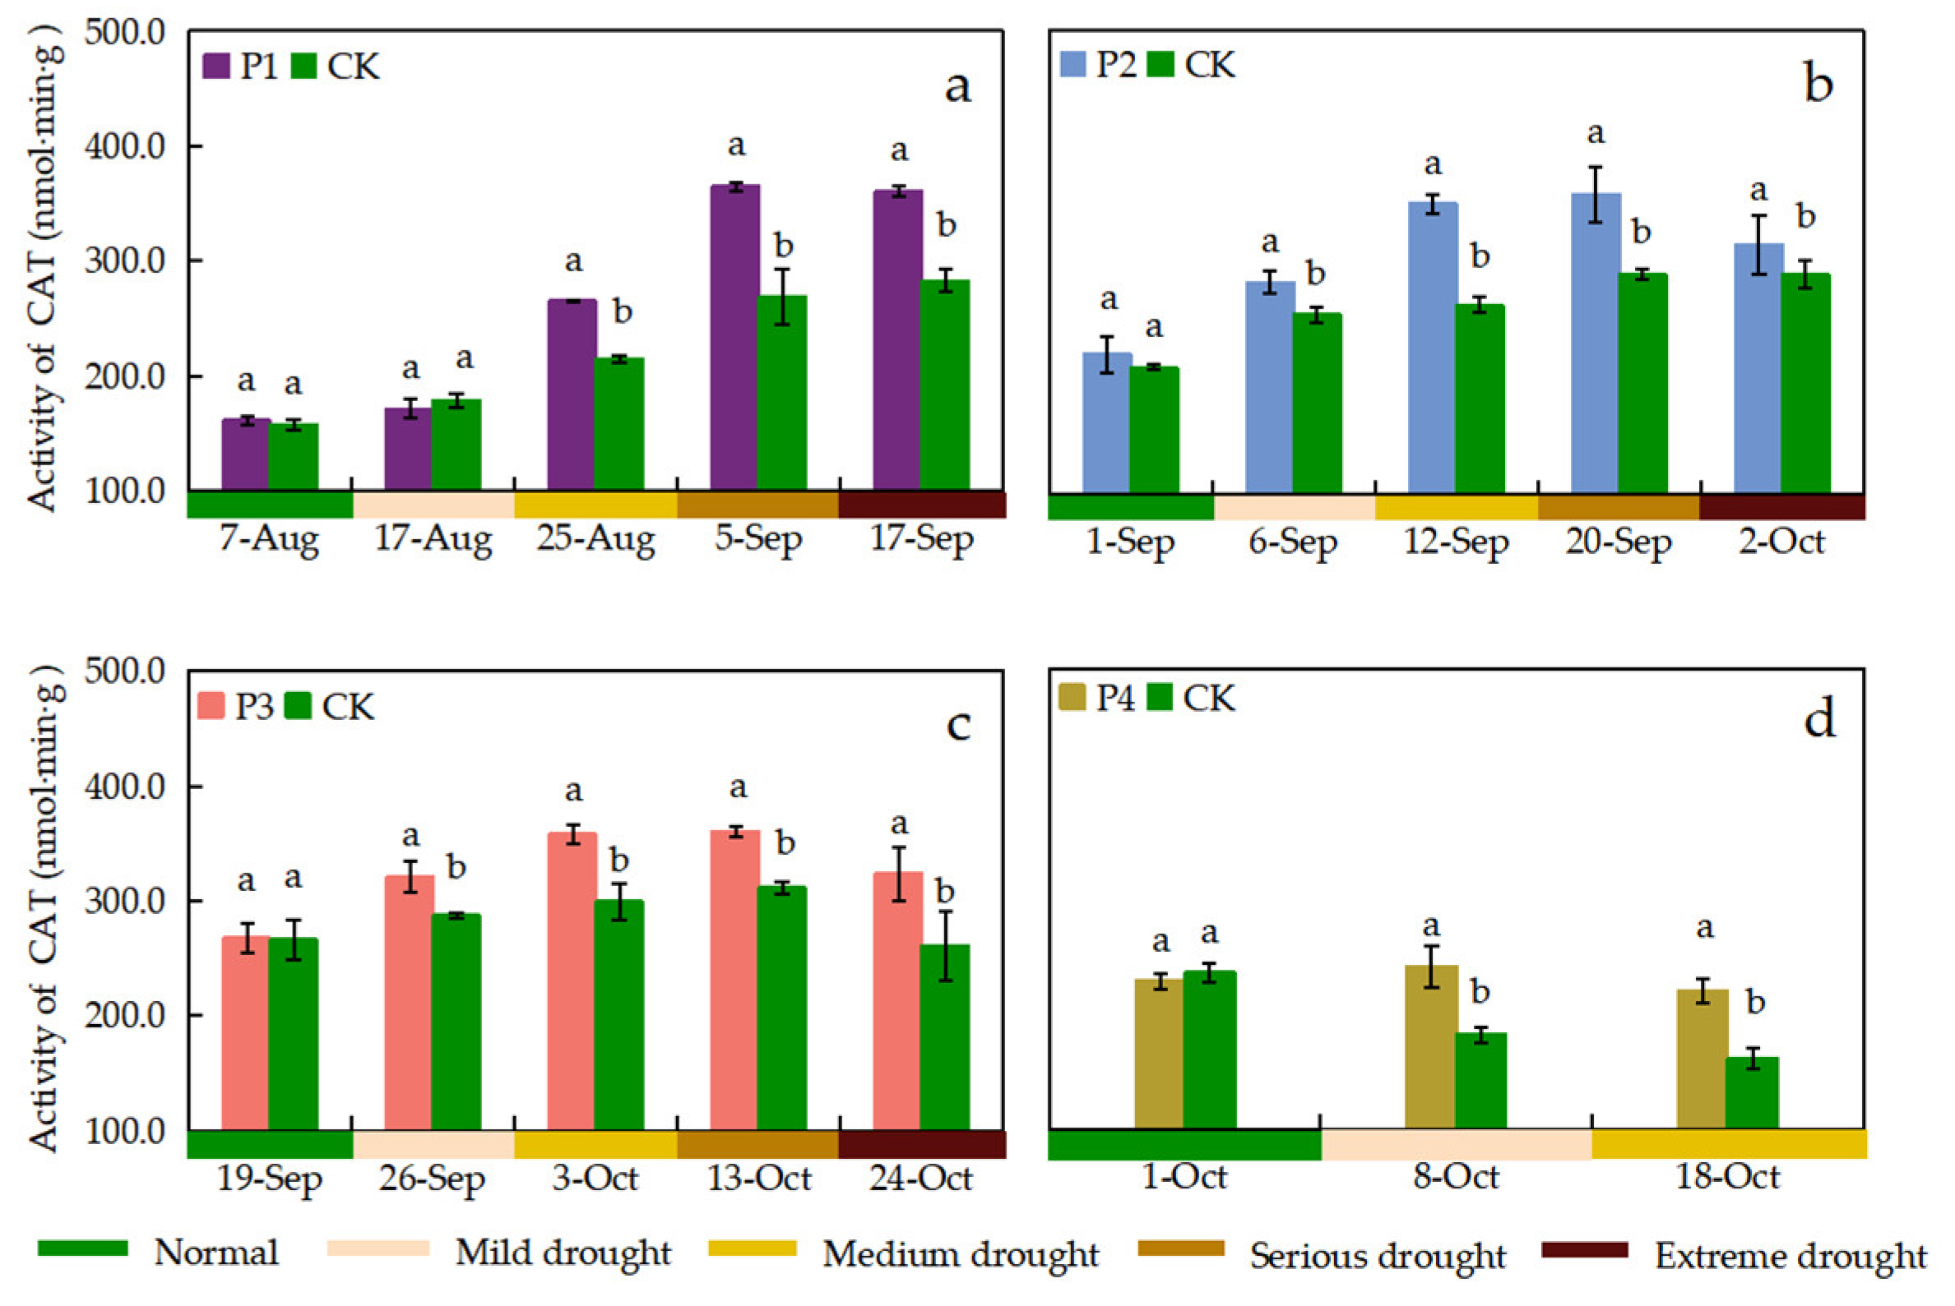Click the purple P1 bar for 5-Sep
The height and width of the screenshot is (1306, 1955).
click(x=734, y=336)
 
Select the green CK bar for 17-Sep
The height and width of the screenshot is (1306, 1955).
click(x=944, y=385)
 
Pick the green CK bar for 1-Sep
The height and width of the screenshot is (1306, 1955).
click(x=1153, y=429)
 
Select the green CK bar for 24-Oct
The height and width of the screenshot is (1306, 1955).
click(x=944, y=1037)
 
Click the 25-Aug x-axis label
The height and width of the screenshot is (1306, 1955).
click(x=595, y=540)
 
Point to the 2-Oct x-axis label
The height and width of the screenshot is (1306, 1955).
click(x=1781, y=542)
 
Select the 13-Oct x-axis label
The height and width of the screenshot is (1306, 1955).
click(x=758, y=1179)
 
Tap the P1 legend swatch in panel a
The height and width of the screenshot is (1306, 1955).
click(x=216, y=67)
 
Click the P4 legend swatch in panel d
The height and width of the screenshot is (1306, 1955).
click(x=1072, y=698)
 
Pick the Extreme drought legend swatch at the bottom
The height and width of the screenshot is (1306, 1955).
click(x=1584, y=1250)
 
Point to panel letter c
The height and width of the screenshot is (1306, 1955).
click(x=958, y=725)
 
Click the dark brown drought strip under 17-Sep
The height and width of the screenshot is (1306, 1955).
click(x=922, y=505)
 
